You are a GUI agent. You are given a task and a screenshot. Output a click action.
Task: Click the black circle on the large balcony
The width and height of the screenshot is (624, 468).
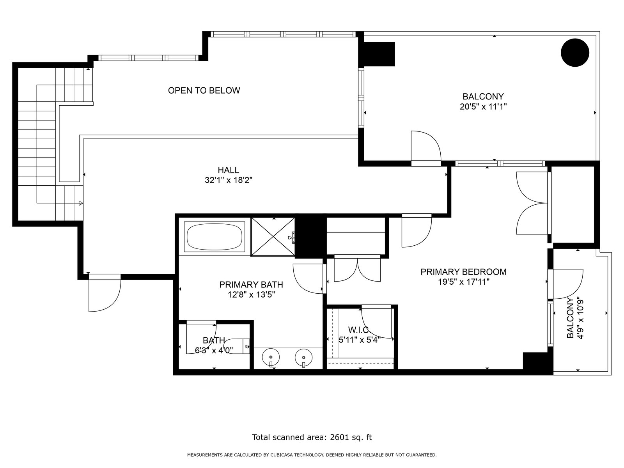[575, 53]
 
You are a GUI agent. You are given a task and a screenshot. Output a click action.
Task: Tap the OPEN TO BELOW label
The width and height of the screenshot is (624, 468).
[204, 90]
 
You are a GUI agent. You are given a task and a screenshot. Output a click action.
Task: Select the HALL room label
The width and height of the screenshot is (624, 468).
[228, 170]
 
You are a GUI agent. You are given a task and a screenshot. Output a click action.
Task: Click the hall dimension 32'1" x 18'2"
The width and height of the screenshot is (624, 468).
[229, 180]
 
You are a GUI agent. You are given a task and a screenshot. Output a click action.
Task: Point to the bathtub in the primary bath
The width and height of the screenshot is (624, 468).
[214, 237]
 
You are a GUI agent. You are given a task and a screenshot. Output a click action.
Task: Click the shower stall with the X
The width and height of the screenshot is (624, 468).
[273, 237]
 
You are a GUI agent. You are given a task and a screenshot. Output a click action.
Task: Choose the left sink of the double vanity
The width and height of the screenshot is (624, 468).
[271, 357]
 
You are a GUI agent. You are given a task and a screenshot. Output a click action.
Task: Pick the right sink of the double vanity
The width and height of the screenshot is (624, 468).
[303, 357]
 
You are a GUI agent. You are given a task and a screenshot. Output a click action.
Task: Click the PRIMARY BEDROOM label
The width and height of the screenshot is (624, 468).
[463, 272]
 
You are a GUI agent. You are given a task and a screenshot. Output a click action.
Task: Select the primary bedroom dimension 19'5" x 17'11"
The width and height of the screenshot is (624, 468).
[464, 282]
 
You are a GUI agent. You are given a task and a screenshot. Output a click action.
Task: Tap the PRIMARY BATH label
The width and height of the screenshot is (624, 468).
[251, 284]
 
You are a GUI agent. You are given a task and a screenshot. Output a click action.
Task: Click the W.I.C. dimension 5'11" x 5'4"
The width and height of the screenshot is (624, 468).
[360, 340]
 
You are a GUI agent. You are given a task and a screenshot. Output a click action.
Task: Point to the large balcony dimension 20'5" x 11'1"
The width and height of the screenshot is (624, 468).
[483, 106]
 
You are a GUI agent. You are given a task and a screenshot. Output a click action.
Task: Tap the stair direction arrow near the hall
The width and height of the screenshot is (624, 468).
[81, 203]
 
